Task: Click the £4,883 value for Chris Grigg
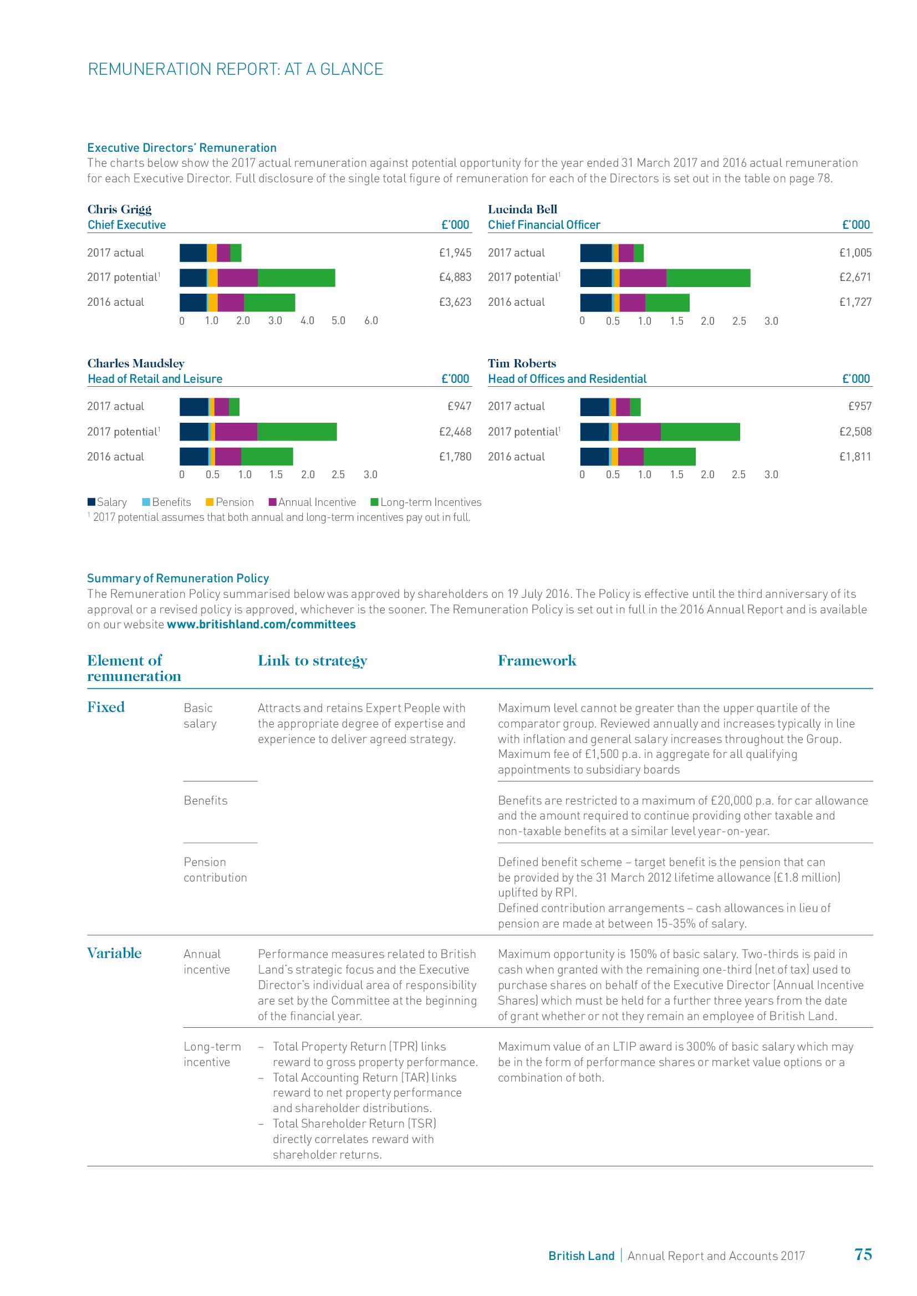point(455,277)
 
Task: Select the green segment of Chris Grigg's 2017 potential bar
point(296,278)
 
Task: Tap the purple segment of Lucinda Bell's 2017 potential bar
point(643,278)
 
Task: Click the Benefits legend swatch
point(146,502)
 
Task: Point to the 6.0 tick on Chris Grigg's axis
point(371,321)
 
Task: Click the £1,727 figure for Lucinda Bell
point(855,302)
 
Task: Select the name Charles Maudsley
point(135,363)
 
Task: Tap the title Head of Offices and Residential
point(567,379)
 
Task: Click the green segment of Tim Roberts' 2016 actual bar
point(669,457)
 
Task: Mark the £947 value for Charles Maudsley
point(459,406)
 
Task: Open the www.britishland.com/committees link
point(261,624)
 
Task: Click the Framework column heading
point(537,660)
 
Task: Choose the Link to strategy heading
point(312,660)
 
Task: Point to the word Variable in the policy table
point(114,954)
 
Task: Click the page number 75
point(863,1254)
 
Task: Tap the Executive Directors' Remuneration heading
point(182,148)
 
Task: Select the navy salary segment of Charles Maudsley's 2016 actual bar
point(193,457)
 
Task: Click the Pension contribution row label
point(215,870)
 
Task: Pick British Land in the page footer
point(581,1256)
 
